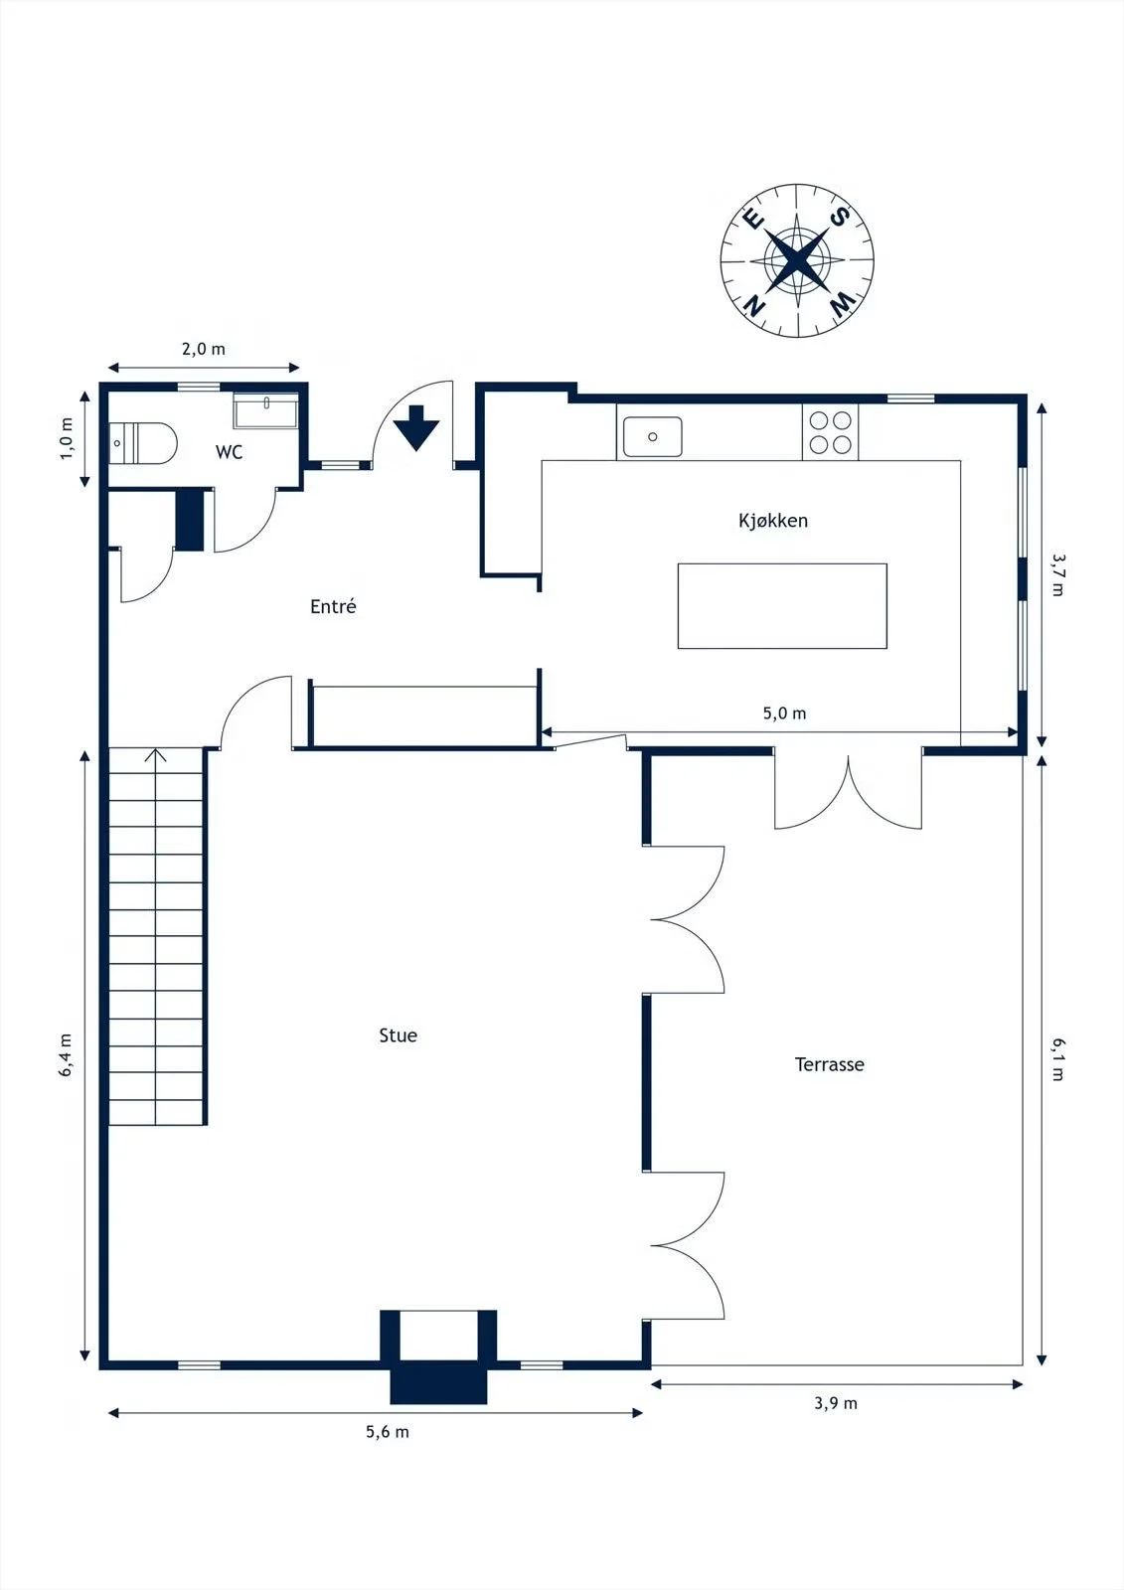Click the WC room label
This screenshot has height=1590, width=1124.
[229, 452]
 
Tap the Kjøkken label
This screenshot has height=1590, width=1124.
[773, 521]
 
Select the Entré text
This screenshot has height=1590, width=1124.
[333, 606]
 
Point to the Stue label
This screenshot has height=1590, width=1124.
[399, 1034]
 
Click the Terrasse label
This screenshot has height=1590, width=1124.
[829, 1064]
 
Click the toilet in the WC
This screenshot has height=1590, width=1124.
[142, 443]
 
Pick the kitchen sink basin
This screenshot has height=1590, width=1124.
[653, 436]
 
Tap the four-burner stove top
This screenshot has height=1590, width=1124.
[830, 432]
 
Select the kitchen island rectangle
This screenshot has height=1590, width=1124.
[782, 605]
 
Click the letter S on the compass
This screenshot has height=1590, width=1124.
[840, 217]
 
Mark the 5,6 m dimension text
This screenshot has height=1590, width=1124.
[387, 1432]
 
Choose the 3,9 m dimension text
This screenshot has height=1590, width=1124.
[836, 1403]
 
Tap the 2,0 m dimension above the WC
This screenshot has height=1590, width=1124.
[203, 349]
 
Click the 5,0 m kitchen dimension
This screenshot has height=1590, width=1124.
[784, 714]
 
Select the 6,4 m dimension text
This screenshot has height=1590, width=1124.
[66, 1054]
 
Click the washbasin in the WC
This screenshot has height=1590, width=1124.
[266, 410]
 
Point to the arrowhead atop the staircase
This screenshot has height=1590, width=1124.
[155, 754]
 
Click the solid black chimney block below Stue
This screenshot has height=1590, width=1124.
[439, 1381]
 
